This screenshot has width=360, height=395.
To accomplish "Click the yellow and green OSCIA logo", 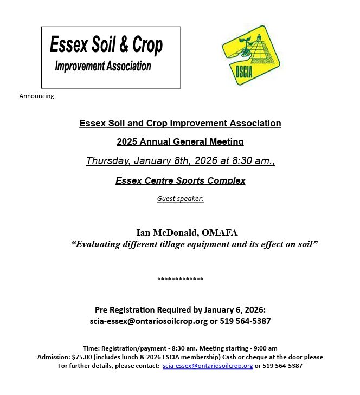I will click(250, 55).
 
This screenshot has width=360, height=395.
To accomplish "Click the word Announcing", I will click(37, 96).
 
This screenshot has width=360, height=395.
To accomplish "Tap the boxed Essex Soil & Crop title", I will click(106, 45).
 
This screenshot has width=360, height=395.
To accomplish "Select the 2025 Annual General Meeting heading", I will click(180, 141).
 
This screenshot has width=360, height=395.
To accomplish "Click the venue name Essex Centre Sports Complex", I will click(180, 180).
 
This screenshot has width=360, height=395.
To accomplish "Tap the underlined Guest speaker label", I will click(180, 198).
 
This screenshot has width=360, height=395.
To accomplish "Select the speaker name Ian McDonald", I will click(166, 232).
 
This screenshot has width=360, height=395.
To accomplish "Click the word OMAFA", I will click(220, 232).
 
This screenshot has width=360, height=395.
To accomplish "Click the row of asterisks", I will click(180, 280).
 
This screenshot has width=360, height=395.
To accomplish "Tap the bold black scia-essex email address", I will click(149, 321).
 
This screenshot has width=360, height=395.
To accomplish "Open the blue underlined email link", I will click(208, 366).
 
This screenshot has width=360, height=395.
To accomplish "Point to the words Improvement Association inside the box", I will click(103, 66).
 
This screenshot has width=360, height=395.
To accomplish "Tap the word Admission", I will click(53, 357).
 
